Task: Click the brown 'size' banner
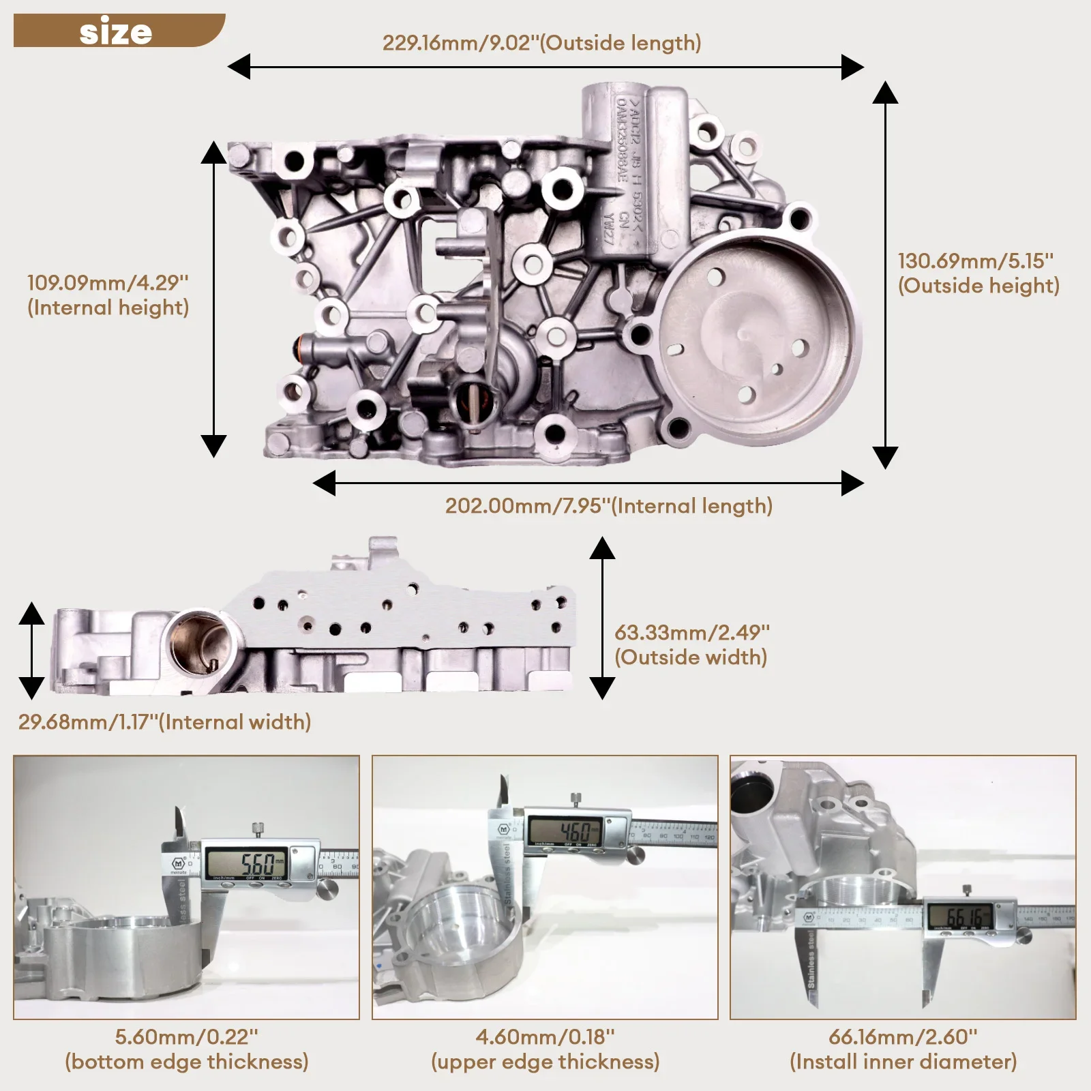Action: pyautogui.click(x=116, y=31)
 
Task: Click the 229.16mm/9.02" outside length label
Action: pyautogui.click(x=541, y=43)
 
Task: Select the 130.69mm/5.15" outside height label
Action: pyautogui.click(x=978, y=273)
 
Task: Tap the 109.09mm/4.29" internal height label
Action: pyautogui.click(x=108, y=295)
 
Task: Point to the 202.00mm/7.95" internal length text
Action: pyautogui.click(x=608, y=506)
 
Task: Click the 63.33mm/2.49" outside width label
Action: pyautogui.click(x=691, y=644)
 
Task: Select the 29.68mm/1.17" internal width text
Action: pyautogui.click(x=164, y=722)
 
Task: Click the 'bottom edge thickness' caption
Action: pyautogui.click(x=186, y=1062)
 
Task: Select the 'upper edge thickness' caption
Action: pyautogui.click(x=545, y=1062)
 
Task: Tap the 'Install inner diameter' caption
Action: pyautogui.click(x=903, y=1062)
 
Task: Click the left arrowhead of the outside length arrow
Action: pyautogui.click(x=239, y=67)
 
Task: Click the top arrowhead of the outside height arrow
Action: pyautogui.click(x=885, y=93)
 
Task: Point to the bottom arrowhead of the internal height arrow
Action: pyautogui.click(x=213, y=446)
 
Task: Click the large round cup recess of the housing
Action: pyautogui.click(x=757, y=339)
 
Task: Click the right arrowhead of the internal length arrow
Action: pyautogui.click(x=852, y=483)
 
